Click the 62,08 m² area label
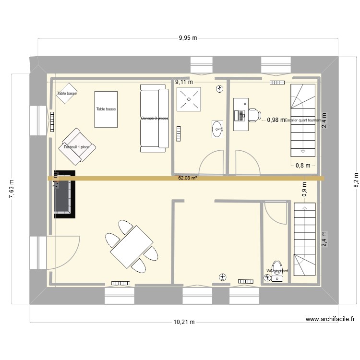(188, 178)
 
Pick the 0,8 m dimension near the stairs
(302, 166)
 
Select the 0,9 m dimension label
(304, 189)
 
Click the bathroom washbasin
(218, 129)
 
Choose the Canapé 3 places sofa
(154, 118)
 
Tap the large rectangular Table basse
(106, 109)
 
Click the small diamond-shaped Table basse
(66, 94)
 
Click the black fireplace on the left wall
(64, 194)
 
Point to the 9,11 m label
(184, 82)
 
